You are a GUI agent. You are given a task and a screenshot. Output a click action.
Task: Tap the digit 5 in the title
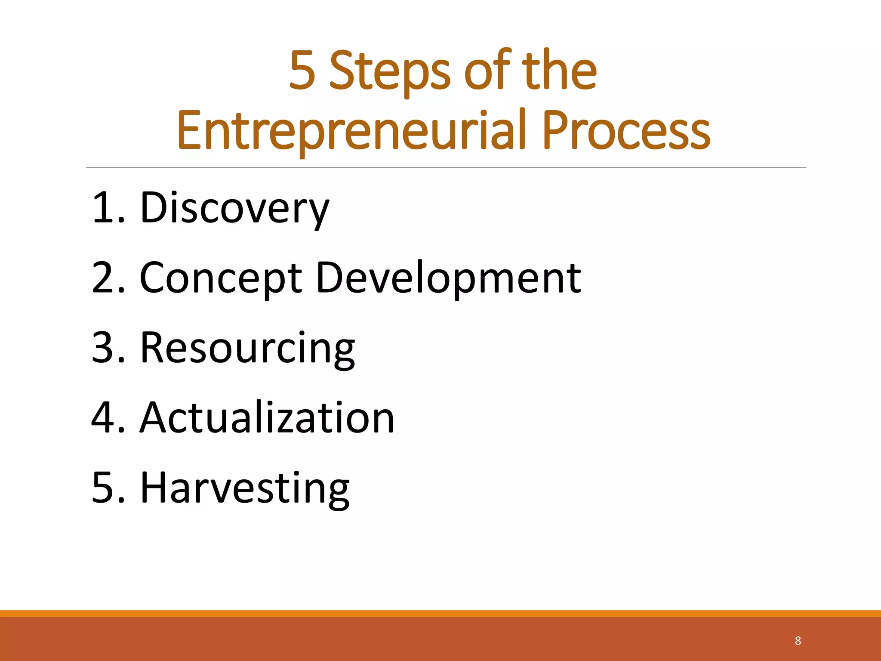302,71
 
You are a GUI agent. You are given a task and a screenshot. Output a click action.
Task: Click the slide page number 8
798,641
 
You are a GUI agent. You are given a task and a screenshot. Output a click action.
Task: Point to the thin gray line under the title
446,167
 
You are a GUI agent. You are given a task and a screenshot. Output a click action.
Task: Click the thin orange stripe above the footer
440,614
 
